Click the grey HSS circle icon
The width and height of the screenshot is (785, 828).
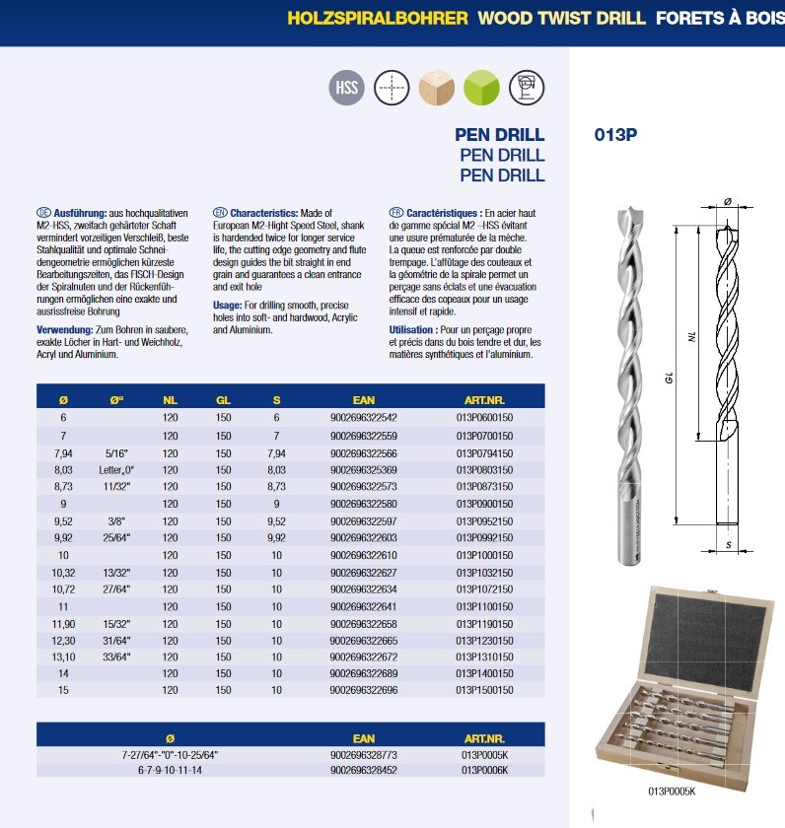(x=346, y=88)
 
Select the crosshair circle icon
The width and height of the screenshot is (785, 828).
(x=392, y=88)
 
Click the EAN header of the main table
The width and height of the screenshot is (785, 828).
(x=364, y=400)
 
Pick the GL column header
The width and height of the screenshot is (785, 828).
(x=223, y=400)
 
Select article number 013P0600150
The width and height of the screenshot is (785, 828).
(x=488, y=418)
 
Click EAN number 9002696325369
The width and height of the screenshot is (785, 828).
(x=364, y=470)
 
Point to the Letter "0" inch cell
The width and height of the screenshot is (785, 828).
(x=115, y=470)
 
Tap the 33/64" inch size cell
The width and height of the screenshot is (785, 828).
(x=115, y=656)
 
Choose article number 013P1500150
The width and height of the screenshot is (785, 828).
(x=488, y=691)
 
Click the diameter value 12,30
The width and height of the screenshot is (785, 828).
(x=63, y=639)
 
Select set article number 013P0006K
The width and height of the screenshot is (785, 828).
(x=488, y=771)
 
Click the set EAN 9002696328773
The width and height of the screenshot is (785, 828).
(x=364, y=754)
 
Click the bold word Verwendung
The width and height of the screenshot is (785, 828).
(x=65, y=329)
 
